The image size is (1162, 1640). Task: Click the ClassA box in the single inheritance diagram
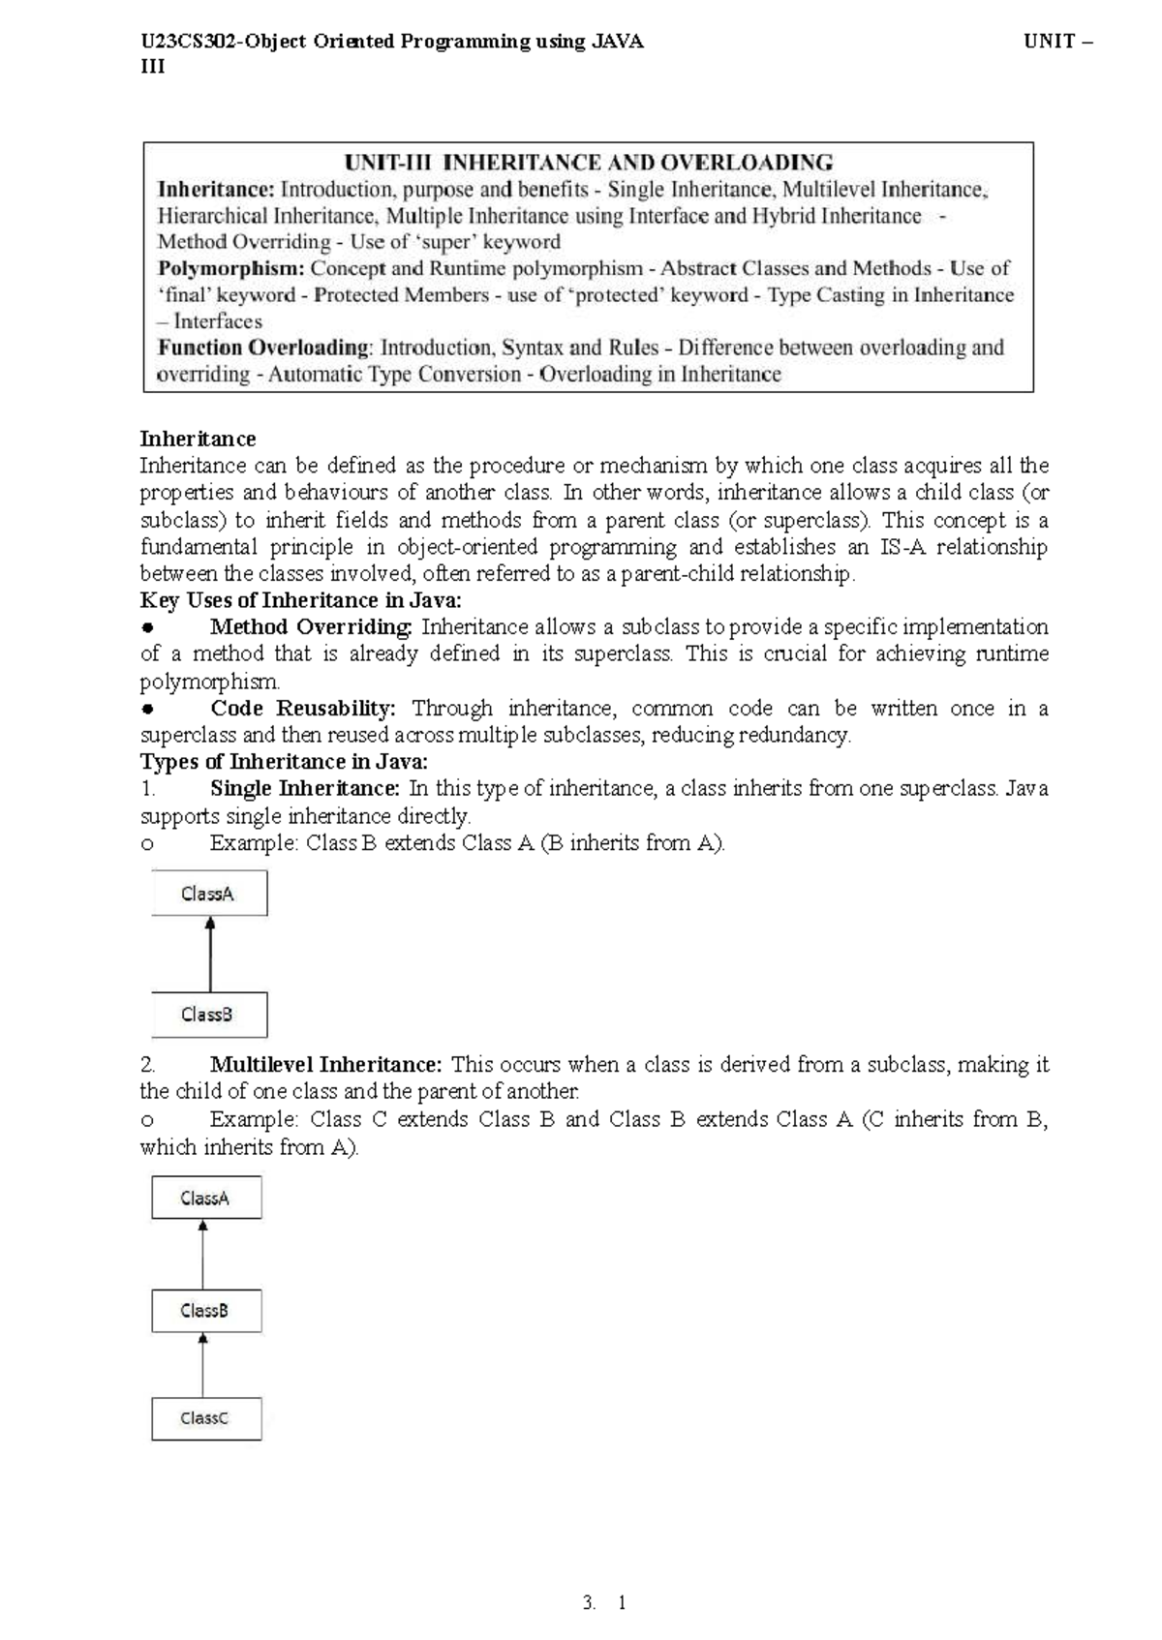[209, 893]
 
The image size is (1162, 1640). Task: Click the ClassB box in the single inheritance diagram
[209, 1014]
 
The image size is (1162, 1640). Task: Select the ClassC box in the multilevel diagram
[206, 1417]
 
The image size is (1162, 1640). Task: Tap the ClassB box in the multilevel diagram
[206, 1310]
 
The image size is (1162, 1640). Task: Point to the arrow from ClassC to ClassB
[202, 1365]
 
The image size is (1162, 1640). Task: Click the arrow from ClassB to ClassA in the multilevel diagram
[202, 1254]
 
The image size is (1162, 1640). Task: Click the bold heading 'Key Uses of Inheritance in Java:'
[300, 600]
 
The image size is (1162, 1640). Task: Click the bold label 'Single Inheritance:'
[304, 788]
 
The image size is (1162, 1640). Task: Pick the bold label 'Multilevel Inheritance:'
[325, 1065]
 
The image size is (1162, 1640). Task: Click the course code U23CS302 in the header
[190, 42]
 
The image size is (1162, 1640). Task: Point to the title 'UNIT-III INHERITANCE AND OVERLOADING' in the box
[589, 163]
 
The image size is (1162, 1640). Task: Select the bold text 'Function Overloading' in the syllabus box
[264, 348]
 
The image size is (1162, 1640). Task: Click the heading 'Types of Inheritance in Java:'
[284, 762]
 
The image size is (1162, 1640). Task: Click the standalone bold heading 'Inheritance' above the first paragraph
[198, 439]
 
